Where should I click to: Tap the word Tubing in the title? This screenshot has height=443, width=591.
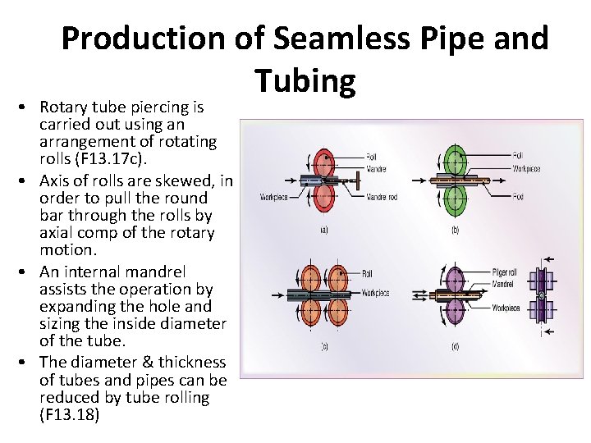click(305, 80)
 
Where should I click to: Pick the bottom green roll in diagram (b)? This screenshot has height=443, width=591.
click(454, 199)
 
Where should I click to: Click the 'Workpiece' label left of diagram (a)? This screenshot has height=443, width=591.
click(273, 197)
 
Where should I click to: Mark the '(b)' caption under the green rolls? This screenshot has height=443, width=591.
click(455, 231)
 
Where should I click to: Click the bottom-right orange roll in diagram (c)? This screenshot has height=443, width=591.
click(338, 312)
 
